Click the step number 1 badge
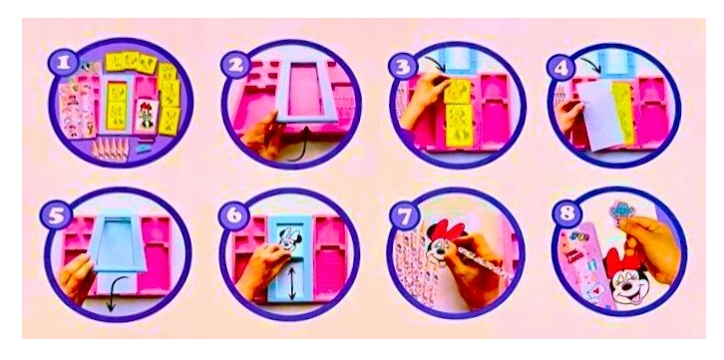63,63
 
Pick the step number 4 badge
560,68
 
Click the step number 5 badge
56,215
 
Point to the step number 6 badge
233,215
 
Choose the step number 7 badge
404,214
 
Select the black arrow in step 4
591,66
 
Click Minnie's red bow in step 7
441,229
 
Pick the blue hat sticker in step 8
621,209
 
